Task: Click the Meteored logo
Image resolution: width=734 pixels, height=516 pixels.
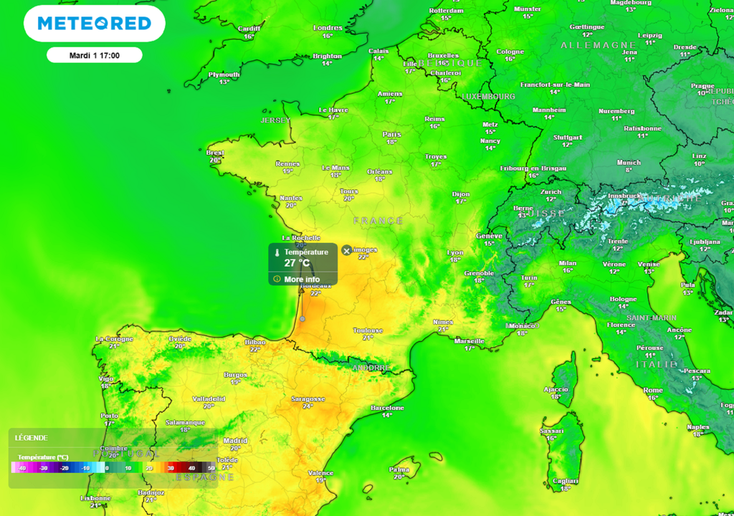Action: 94,24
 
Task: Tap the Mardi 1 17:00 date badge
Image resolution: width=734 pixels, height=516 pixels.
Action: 94,55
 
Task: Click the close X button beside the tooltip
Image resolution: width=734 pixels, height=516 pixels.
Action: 347,250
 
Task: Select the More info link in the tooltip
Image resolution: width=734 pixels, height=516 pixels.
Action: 302,279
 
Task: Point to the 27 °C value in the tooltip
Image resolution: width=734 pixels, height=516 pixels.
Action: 297,263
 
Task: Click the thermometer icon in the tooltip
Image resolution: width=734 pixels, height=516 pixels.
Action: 277,252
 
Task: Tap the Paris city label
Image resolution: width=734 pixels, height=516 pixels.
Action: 391,134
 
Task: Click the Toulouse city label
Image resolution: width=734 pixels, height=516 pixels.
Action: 368,330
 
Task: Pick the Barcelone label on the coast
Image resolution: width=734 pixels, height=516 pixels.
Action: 387,408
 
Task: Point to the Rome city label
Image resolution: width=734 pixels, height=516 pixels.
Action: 653,390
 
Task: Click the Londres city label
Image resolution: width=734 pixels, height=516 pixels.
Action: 328,28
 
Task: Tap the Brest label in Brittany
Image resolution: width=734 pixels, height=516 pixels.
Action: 215,153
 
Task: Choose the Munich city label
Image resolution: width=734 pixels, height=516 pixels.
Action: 629,163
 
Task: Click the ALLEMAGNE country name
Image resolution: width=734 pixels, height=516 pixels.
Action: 594,45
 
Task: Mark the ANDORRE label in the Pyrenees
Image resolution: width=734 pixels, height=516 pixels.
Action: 371,368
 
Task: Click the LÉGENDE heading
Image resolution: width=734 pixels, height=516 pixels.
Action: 31,437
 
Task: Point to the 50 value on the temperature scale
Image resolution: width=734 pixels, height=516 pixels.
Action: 211,468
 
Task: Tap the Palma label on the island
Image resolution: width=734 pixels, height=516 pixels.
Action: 399,469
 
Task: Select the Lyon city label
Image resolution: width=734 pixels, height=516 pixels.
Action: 455,252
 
